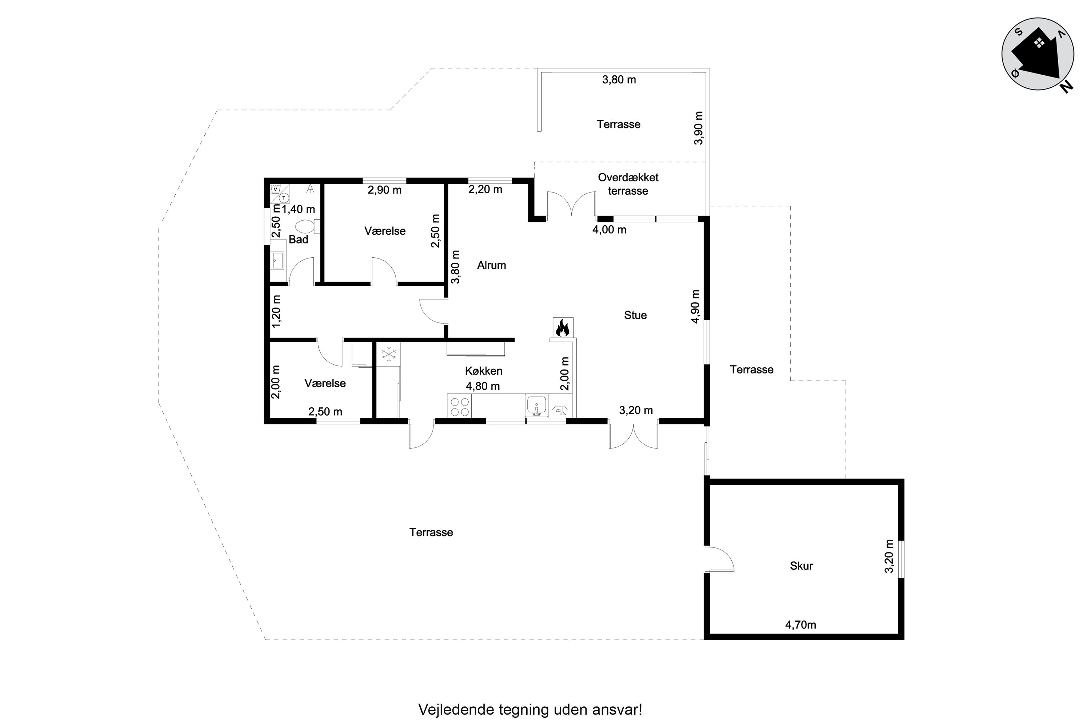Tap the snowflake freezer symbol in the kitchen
click(389, 354)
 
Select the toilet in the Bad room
click(308, 226)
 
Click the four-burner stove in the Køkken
click(459, 406)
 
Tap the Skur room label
click(801, 566)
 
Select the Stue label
click(635, 315)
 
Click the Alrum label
click(491, 265)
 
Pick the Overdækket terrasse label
click(628, 184)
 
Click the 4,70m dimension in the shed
click(801, 625)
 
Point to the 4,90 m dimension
click(695, 306)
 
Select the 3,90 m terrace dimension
click(698, 128)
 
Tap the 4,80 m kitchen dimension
click(483, 386)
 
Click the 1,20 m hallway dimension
click(276, 311)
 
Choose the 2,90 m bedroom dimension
click(384, 190)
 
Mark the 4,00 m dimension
click(609, 229)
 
